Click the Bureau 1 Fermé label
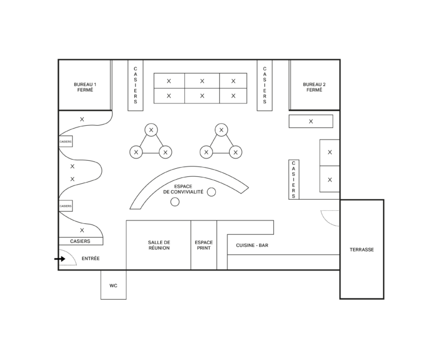[x=85, y=87]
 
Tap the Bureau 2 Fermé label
[x=314, y=87]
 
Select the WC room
[x=113, y=285]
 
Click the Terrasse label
[x=362, y=249]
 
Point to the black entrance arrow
[x=60, y=259]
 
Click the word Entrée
[x=91, y=258]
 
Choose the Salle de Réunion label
[x=159, y=245]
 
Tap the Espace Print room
[x=204, y=245]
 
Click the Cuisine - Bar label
[x=252, y=245]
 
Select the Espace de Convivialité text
[x=183, y=189]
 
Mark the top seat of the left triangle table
[x=152, y=130]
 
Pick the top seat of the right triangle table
[x=221, y=130]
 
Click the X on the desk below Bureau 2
[x=311, y=122]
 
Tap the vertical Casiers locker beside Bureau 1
[x=136, y=85]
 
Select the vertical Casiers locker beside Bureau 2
[x=265, y=85]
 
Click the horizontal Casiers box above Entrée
[x=81, y=241]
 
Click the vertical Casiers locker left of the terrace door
[x=293, y=180]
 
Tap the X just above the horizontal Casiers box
[x=82, y=230]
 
